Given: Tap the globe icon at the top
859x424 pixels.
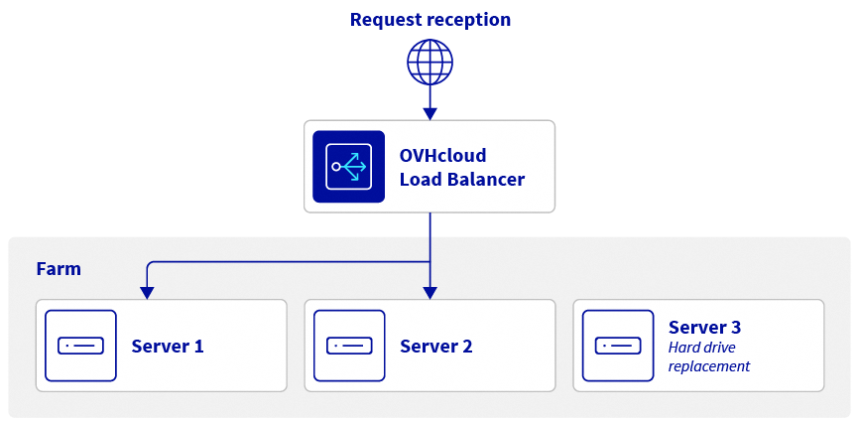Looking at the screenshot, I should [429, 62].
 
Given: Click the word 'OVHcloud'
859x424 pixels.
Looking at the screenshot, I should [443, 156].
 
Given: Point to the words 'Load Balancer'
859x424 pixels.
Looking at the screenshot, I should [461, 180].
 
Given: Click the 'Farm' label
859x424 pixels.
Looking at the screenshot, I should [59, 269].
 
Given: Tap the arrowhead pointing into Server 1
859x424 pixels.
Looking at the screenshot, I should [147, 292].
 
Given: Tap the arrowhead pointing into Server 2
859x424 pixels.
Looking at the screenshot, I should [429, 292].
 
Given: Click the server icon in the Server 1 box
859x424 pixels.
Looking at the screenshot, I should [80, 346].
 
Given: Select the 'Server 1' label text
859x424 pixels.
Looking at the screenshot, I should [168, 347].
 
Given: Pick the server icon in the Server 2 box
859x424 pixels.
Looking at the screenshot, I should [349, 346].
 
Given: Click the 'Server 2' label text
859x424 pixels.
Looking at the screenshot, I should [436, 347].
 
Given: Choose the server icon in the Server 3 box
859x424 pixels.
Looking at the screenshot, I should [617, 346].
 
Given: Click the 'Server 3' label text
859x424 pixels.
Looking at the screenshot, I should [704, 327].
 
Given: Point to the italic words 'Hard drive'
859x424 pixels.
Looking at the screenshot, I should [701, 348].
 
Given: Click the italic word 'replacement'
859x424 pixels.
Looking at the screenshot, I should [709, 366].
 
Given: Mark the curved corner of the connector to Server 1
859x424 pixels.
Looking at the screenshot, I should [150, 265].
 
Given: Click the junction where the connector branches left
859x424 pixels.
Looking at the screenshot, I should [429, 263].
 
